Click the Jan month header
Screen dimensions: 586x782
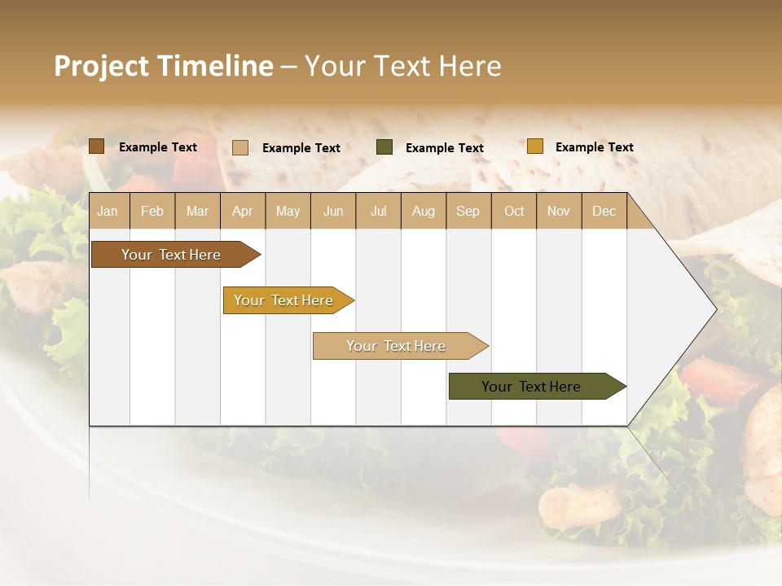pyautogui.click(x=108, y=211)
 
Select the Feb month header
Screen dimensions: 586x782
pyautogui.click(x=152, y=211)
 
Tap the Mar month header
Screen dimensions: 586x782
pyautogui.click(x=197, y=211)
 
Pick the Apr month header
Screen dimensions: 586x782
pyautogui.click(x=243, y=211)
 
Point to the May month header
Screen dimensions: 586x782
pyautogui.click(x=288, y=211)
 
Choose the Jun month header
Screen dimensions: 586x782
pyautogui.click(x=333, y=211)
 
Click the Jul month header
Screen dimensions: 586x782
pyautogui.click(x=378, y=211)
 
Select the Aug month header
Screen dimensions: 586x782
pyautogui.click(x=424, y=211)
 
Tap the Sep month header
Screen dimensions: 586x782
pyautogui.click(x=468, y=211)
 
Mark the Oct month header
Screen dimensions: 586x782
pyautogui.click(x=514, y=211)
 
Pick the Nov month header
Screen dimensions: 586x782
pyautogui.click(x=559, y=211)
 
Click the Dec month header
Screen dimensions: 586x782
pyautogui.click(x=604, y=211)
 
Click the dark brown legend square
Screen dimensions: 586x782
pyautogui.click(x=97, y=146)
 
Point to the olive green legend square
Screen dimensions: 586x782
pyautogui.click(x=384, y=147)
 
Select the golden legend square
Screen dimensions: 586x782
pyautogui.click(x=534, y=146)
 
